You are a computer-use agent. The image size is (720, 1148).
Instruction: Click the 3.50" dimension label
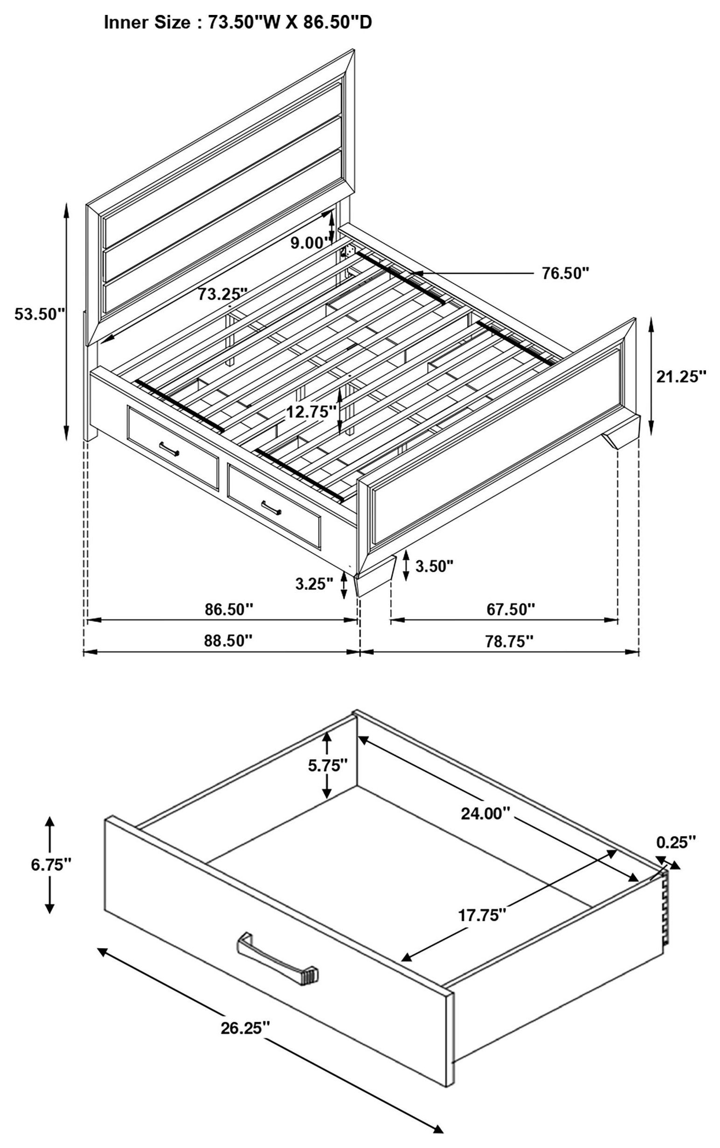433,567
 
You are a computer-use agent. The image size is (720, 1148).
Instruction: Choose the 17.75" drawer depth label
481,915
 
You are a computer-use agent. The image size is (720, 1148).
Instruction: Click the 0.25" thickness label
676,842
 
